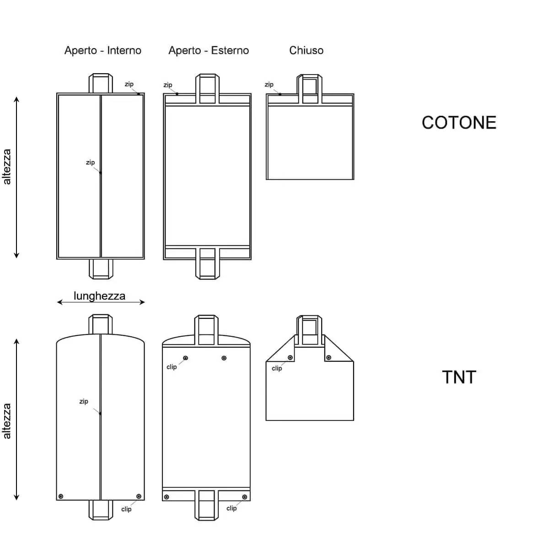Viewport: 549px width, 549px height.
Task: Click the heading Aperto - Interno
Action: pos(102,50)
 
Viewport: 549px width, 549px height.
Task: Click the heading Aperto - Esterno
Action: pos(209,50)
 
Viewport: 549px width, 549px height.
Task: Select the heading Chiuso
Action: pos(306,50)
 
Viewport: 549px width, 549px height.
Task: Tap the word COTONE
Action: pos(459,123)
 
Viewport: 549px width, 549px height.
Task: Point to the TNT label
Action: pos(459,377)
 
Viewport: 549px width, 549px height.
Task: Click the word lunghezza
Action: pos(99,296)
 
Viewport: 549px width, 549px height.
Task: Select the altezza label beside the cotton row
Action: pos(7,167)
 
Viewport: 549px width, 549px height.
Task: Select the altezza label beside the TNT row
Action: pos(7,421)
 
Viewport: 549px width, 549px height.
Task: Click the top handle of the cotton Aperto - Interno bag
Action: pos(101,83)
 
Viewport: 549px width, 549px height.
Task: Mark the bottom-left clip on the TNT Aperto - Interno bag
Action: pos(61,496)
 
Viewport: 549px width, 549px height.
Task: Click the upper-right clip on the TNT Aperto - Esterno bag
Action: pos(224,358)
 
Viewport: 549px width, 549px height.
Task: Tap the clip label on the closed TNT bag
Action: pos(277,368)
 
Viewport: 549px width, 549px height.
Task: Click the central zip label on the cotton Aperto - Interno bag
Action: pos(90,162)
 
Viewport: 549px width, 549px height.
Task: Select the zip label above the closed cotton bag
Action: pos(269,85)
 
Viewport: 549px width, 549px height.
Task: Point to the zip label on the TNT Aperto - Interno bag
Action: pos(84,401)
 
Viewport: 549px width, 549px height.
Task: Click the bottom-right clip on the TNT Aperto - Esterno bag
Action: pos(245,497)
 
